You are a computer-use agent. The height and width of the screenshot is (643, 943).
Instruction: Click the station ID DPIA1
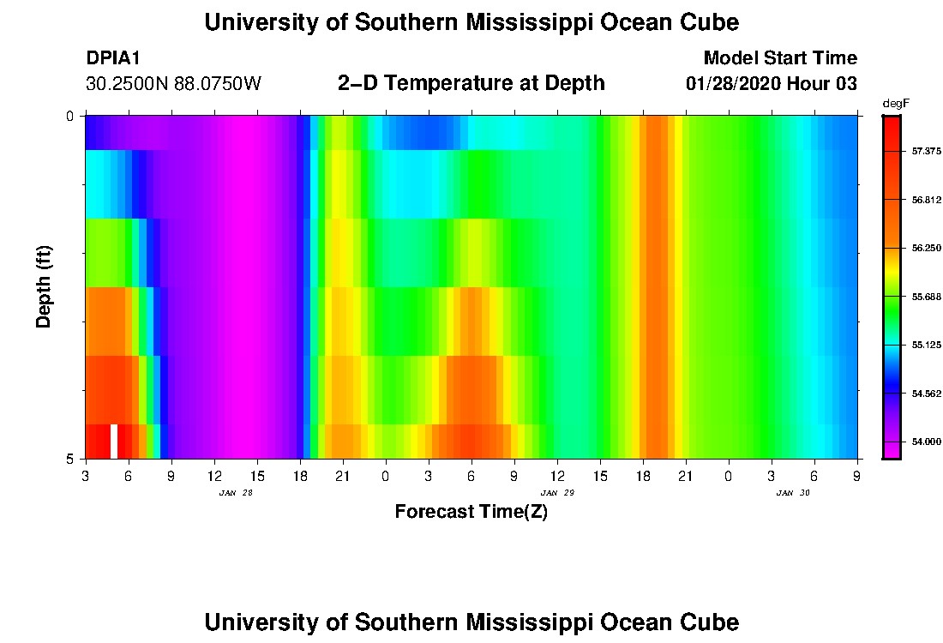(x=113, y=58)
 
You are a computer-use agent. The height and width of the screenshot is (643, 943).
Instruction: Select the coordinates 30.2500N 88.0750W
(x=173, y=84)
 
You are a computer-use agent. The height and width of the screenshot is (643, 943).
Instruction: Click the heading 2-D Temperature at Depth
(x=471, y=83)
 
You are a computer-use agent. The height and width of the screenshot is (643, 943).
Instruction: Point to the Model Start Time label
(x=779, y=58)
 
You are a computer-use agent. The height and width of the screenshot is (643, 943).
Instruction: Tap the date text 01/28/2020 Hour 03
(x=772, y=84)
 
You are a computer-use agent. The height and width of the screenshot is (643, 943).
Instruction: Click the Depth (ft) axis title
(x=45, y=286)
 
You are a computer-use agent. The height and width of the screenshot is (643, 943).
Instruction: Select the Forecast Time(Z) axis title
(x=471, y=513)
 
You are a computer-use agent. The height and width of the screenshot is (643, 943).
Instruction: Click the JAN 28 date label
(x=235, y=493)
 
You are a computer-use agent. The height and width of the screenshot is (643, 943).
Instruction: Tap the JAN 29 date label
(x=557, y=493)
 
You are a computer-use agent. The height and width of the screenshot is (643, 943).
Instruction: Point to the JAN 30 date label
(x=793, y=493)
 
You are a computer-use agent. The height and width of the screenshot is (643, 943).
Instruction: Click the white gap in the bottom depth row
(x=114, y=441)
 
